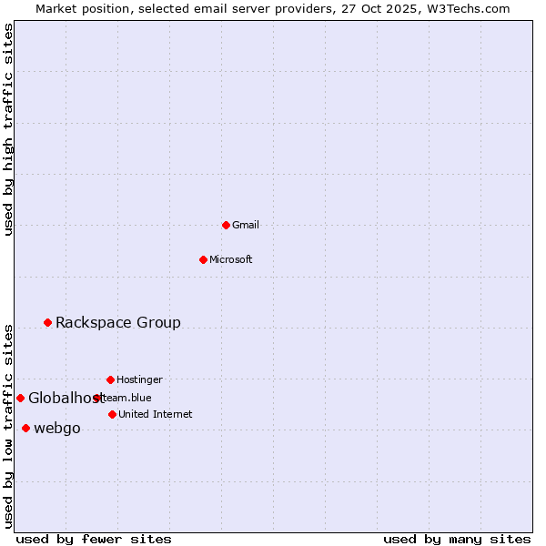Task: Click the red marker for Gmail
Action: [x=226, y=225]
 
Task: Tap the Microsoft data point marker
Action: [x=203, y=259]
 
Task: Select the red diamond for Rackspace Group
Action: [x=47, y=322]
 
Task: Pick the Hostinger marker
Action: [x=110, y=379]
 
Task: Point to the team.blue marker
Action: [x=96, y=398]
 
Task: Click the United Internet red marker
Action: [x=112, y=414]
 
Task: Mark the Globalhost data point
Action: [x=20, y=398]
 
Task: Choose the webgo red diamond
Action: [x=25, y=428]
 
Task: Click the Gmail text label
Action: [x=246, y=225]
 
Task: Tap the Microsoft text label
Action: [x=231, y=259]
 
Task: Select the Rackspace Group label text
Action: [x=118, y=322]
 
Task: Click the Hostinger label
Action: [x=139, y=379]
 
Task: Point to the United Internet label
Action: [x=156, y=414]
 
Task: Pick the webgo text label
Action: [x=57, y=429]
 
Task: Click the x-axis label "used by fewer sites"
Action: [x=94, y=539]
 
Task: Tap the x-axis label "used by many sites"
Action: [x=457, y=539]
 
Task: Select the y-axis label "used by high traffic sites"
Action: [x=9, y=129]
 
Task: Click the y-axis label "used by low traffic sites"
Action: [x=9, y=426]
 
